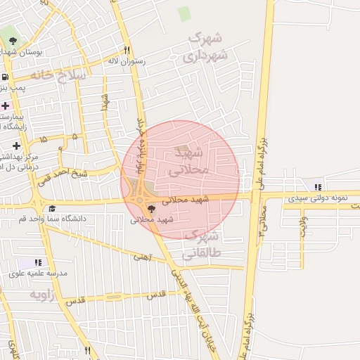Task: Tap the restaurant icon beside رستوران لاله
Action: tap(127, 50)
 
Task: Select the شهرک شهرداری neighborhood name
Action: tap(206, 46)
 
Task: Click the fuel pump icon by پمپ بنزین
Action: tap(6, 77)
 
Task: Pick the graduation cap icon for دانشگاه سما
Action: tap(52, 209)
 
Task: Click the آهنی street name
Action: tap(142, 257)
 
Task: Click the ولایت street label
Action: tap(302, 226)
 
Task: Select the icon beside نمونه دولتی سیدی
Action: tap(318, 188)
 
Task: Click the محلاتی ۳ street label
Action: tap(263, 221)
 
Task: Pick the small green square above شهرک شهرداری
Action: tap(184, 13)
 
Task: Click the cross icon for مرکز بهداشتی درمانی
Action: tap(15, 146)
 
